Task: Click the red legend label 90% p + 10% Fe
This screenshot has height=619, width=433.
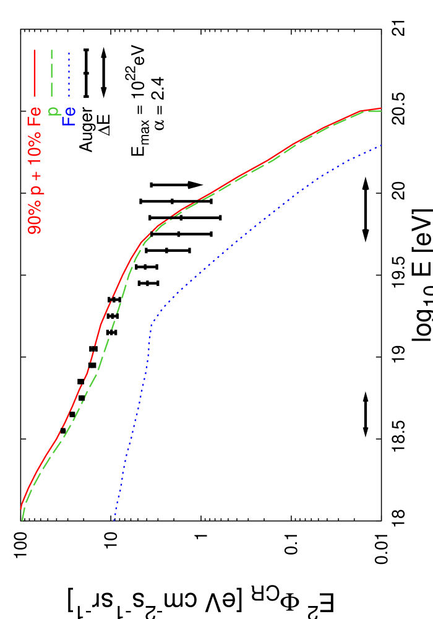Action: (35, 170)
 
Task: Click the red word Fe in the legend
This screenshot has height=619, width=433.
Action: (35, 116)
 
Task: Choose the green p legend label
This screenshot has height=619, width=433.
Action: (53, 111)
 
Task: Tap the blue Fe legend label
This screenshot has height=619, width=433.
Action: (69, 116)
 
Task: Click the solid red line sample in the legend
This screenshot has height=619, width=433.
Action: (35, 72)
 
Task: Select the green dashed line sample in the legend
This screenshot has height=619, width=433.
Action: (52, 72)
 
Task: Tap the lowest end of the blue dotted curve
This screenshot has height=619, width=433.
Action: (114, 520)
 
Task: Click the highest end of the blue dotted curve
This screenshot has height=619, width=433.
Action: (382, 145)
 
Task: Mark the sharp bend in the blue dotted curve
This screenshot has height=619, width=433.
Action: (152, 321)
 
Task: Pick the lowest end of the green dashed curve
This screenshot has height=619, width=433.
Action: (22, 520)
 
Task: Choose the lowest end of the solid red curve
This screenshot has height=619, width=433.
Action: (21, 509)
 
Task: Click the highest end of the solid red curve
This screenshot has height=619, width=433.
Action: (380, 108)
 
